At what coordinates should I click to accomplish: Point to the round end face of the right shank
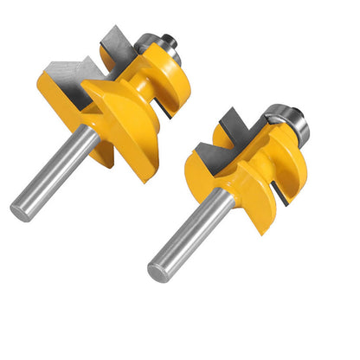[x=158, y=269]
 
